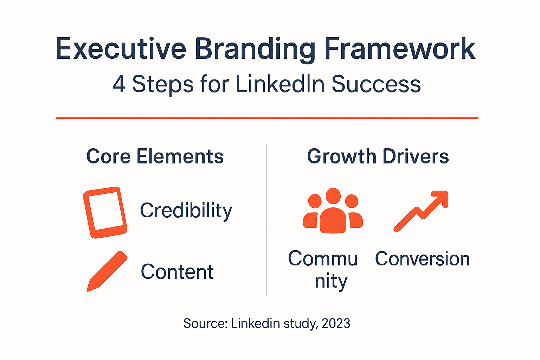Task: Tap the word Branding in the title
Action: click(255, 49)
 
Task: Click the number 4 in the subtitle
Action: click(119, 84)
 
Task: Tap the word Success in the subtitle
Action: click(376, 84)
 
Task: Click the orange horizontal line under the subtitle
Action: click(267, 118)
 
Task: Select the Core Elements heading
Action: click(155, 156)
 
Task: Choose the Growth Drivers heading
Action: click(378, 156)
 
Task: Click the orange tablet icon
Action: click(105, 212)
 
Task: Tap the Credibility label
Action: click(186, 211)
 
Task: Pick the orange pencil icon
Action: click(107, 271)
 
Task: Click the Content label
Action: click(177, 272)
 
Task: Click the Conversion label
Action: click(422, 259)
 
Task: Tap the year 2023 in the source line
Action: click(336, 323)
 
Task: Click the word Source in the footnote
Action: click(205, 323)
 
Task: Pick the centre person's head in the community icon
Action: click(333, 196)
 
